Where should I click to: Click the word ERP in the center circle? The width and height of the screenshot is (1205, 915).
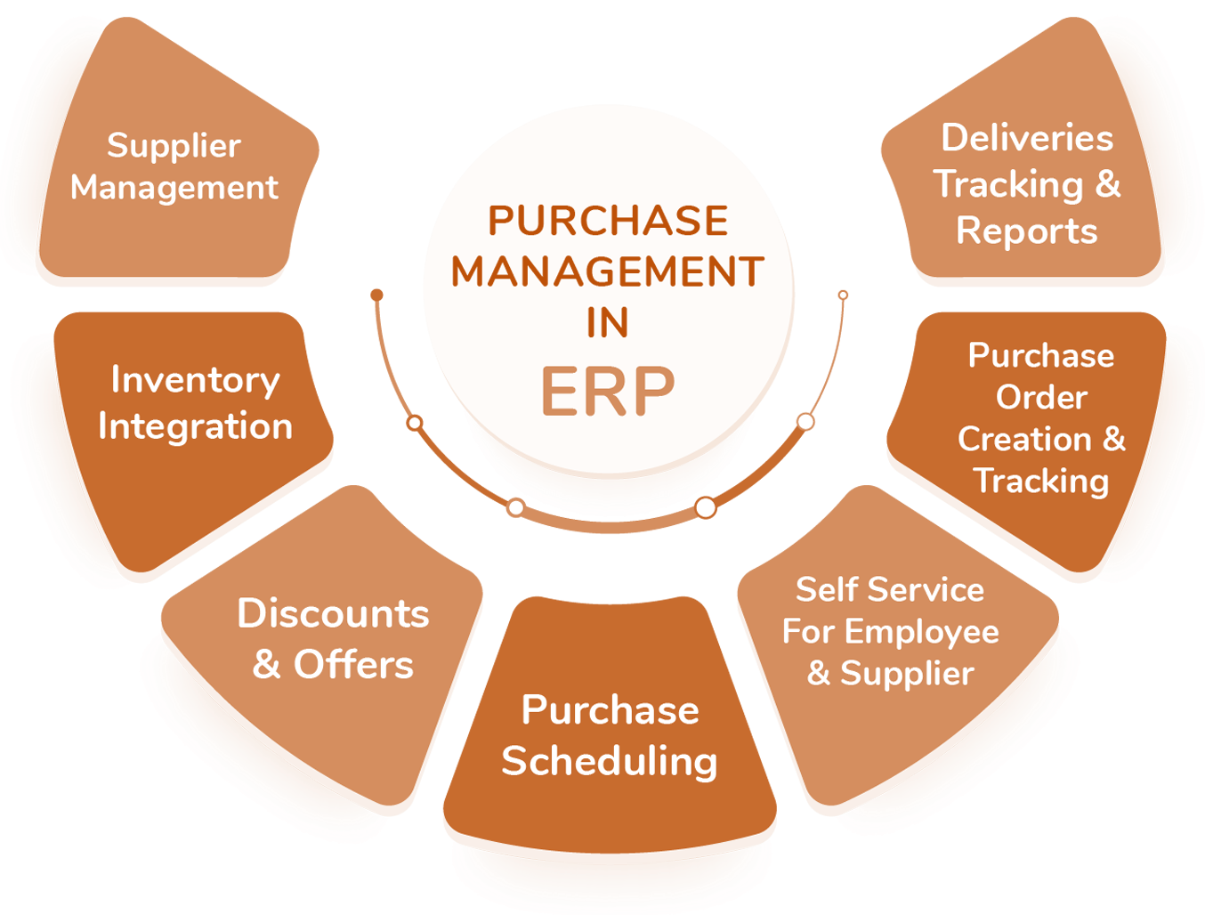tap(608, 392)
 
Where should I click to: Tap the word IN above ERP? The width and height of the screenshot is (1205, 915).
tap(608, 322)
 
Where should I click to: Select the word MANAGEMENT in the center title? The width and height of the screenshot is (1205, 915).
tap(608, 271)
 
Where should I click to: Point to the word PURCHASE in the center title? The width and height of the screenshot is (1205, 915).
tap(608, 221)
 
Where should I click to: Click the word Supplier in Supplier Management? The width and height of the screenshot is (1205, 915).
tap(174, 146)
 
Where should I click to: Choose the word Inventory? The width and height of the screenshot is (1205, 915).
tap(195, 380)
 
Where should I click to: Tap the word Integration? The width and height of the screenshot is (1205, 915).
tap(195, 426)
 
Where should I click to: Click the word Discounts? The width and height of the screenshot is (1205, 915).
tap(333, 613)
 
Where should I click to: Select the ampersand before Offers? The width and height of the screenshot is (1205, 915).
tap(266, 665)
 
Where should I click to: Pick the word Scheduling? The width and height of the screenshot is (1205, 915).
tap(610, 761)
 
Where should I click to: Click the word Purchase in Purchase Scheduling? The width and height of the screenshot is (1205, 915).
tap(610, 710)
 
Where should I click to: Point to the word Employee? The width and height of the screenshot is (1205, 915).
tap(922, 633)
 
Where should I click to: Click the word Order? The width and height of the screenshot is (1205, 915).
tap(1041, 397)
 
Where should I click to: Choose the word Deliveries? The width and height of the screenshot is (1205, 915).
tap(1027, 138)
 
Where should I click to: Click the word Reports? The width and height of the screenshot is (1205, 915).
tap(1027, 231)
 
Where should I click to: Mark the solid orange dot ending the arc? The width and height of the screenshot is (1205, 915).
tap(377, 295)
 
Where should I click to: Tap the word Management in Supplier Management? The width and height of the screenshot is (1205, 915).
tap(174, 188)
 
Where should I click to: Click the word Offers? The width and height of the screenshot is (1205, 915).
tap(354, 665)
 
